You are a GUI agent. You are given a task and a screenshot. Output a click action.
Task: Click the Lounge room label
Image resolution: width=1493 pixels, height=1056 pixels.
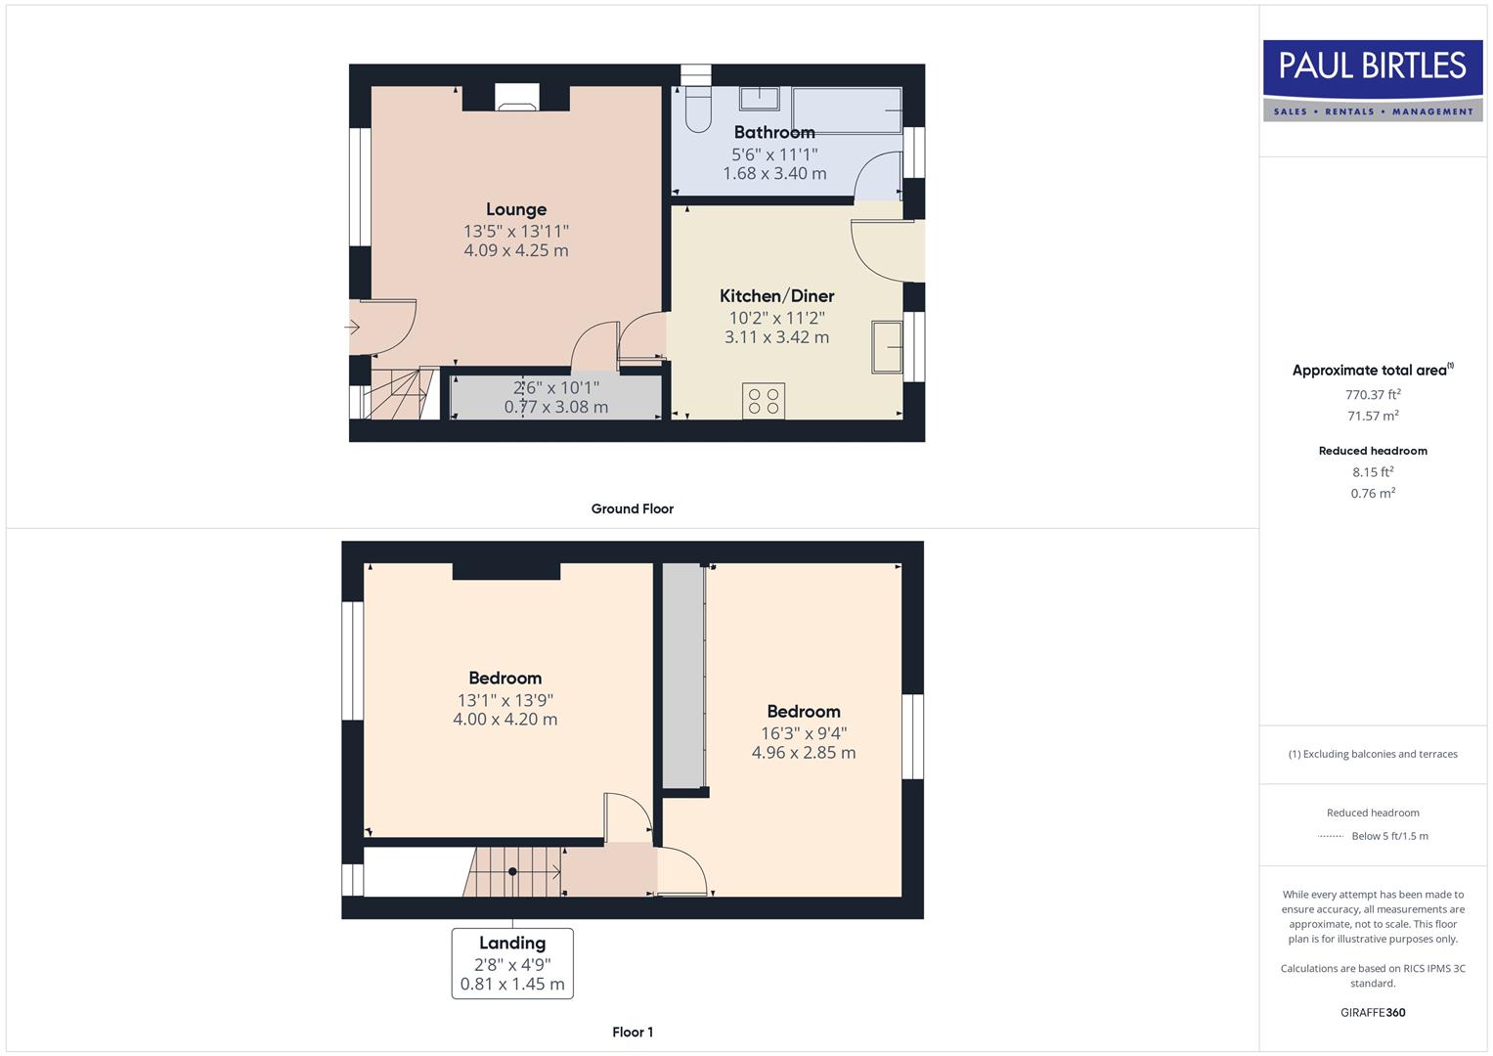pos(516,209)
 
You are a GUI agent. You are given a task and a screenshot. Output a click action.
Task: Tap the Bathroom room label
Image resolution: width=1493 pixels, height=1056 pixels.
pos(774,132)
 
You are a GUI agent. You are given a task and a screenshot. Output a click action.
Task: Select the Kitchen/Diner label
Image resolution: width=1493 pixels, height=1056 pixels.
pos(777,295)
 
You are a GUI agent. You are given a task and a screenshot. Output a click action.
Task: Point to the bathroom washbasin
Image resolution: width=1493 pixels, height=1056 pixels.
pos(759,98)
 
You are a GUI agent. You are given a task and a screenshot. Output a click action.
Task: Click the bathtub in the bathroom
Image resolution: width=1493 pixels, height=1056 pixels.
pos(847,110)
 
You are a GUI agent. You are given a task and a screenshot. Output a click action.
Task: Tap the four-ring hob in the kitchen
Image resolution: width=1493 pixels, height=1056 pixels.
pos(763,401)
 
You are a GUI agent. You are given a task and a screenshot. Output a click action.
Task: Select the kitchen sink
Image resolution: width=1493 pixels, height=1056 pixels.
pos(888,346)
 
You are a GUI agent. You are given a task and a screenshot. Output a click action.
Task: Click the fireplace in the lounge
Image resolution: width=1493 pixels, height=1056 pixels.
pos(516,98)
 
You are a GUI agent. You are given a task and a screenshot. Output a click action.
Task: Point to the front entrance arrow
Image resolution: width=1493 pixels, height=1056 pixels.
pos(353,328)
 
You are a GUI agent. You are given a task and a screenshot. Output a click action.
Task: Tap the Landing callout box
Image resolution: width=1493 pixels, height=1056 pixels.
pos(512,963)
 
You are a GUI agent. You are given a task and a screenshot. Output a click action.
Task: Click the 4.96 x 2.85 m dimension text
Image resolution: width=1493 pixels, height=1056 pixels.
pos(804,753)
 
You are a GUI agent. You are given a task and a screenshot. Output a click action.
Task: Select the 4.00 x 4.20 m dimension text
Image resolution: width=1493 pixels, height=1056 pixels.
pos(505,720)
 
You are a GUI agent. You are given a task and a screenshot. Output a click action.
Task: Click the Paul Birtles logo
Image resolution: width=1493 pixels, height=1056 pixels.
pos(1373,79)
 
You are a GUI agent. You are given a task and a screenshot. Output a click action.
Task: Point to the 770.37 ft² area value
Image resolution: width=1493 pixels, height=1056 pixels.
pos(1373,395)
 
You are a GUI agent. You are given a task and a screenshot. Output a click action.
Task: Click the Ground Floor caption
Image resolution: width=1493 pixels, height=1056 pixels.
pos(632,508)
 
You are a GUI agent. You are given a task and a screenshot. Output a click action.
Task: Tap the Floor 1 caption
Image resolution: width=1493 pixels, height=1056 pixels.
pos(633,1032)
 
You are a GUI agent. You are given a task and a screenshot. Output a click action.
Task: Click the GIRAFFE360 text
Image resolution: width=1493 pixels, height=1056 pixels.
pos(1373,1012)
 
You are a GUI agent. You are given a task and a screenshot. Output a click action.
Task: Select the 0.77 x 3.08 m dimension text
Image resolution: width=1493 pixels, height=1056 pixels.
pos(555,407)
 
